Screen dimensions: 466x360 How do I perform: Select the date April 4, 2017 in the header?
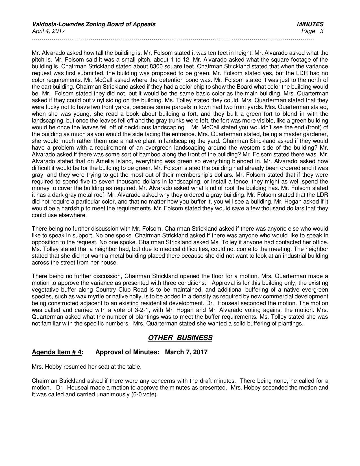pos(49,31)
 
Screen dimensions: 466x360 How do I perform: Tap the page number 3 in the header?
pos(322,31)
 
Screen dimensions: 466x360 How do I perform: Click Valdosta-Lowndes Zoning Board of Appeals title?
pos(93,24)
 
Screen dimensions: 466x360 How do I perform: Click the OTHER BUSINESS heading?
pos(180,338)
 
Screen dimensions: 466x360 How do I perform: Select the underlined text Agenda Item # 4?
pos(57,352)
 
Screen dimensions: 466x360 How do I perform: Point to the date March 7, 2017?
pos(186,352)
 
